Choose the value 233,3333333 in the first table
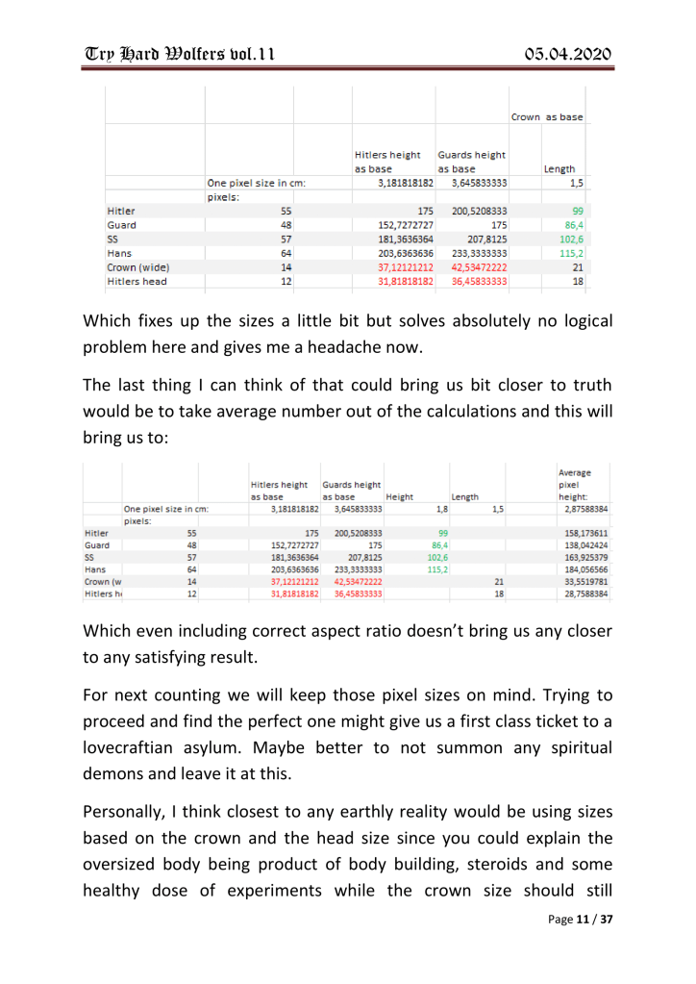coord(472,249)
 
